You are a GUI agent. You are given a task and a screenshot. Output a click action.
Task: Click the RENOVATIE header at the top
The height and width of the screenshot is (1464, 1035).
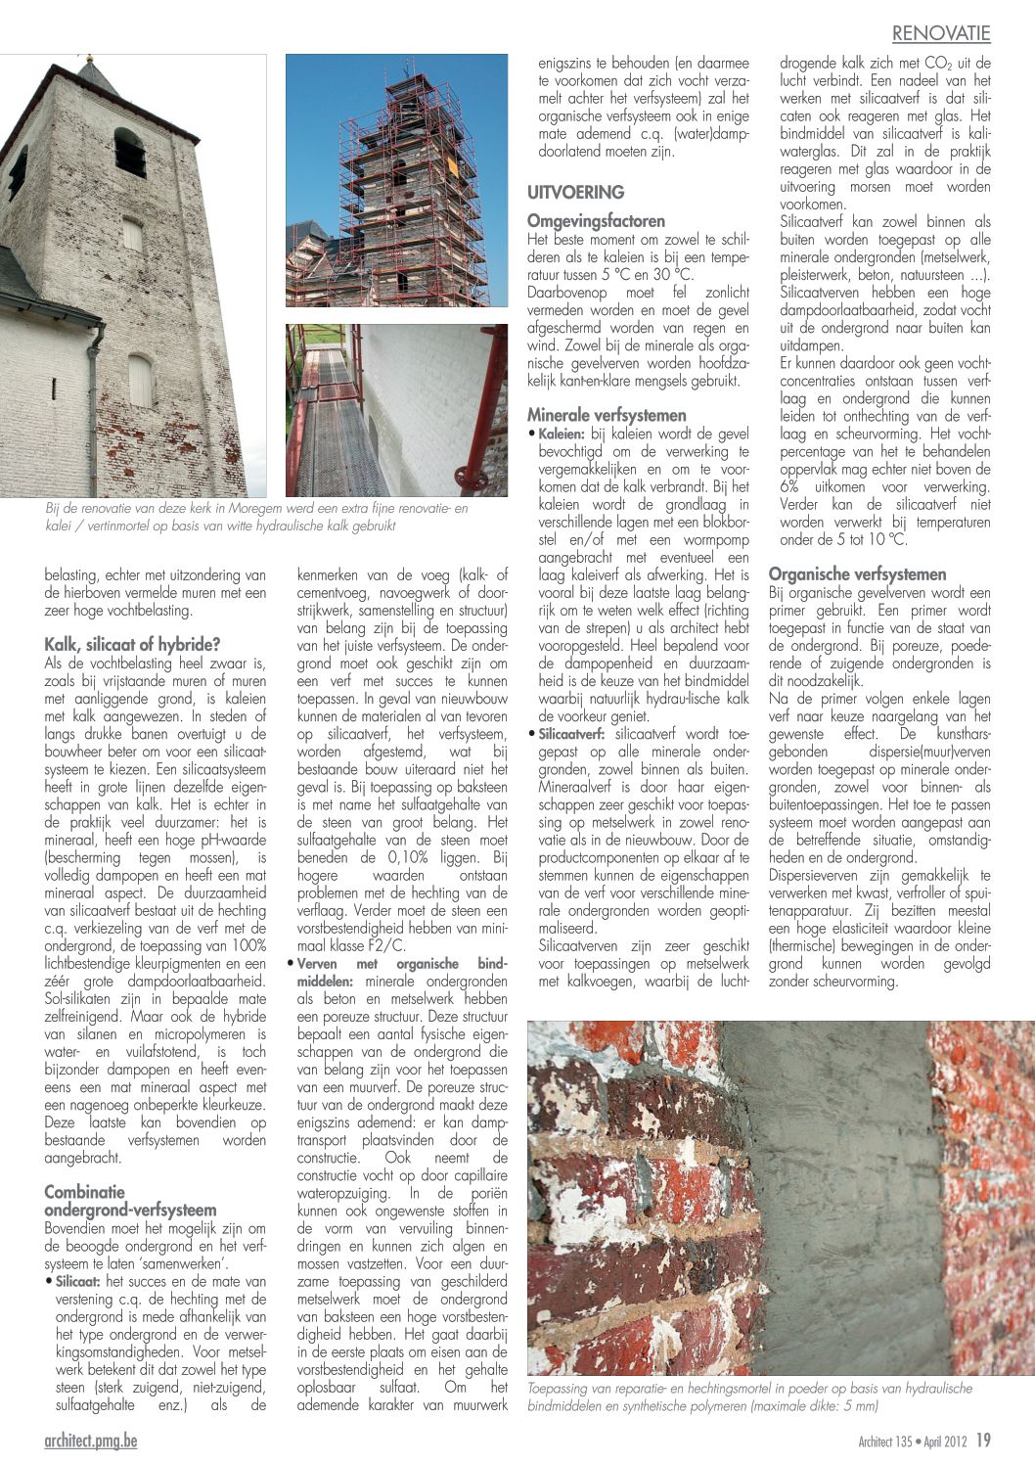click(x=940, y=33)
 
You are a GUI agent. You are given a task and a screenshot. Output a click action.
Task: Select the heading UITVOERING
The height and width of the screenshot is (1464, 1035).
click(x=575, y=192)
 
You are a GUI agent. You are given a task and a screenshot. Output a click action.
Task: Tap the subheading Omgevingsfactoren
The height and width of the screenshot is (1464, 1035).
click(x=596, y=221)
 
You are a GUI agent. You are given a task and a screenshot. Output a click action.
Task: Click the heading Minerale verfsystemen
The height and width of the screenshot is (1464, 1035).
click(x=607, y=415)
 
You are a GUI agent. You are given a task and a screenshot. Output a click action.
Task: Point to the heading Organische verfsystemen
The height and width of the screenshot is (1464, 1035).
click(x=857, y=574)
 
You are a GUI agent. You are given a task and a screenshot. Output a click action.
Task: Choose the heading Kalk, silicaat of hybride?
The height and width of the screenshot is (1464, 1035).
click(x=132, y=645)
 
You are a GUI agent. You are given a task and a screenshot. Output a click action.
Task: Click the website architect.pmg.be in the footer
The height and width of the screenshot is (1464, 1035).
click(x=91, y=1441)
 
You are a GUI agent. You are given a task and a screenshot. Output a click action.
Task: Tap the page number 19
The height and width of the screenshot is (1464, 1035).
click(x=983, y=1441)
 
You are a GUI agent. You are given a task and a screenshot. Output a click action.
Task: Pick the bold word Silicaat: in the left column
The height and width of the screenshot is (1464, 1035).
click(x=78, y=1282)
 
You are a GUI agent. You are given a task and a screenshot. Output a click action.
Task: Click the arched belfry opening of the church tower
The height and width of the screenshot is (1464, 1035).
click(x=130, y=152)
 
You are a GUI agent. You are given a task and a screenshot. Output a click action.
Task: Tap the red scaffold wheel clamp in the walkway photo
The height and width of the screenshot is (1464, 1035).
click(x=478, y=481)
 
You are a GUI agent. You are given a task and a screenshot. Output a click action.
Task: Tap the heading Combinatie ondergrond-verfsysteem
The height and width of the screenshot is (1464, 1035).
click(x=130, y=1201)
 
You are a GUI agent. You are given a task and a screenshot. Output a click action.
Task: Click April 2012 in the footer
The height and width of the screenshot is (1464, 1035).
click(x=946, y=1441)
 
